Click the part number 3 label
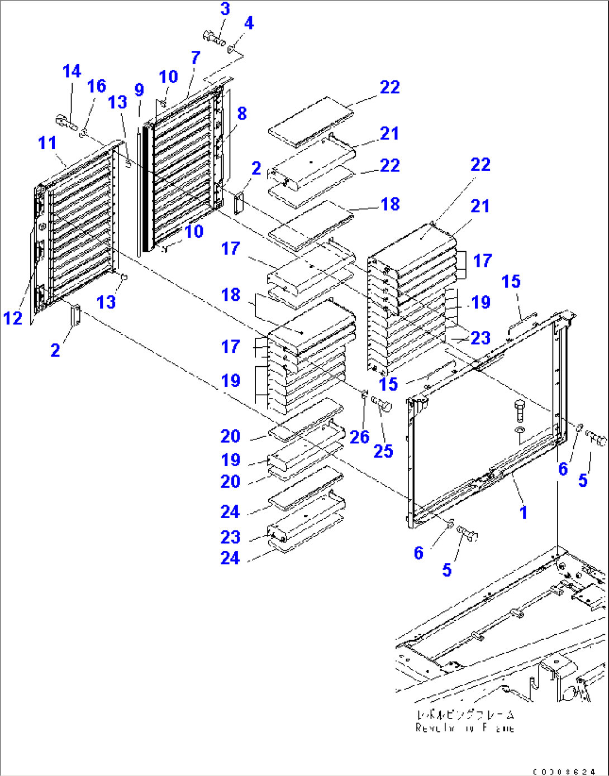pos(225,9)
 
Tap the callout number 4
pos(249,23)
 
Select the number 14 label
pos(72,71)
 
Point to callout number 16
pos(96,86)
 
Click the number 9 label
pos(139,90)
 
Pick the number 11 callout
pos(47,143)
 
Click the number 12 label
pos(13,318)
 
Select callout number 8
pos(241,113)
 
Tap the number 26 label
pos(359,437)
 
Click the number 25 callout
pos(383,451)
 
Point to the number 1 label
pos(523,512)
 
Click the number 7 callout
pos(195,58)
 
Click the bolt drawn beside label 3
pos(214,39)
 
